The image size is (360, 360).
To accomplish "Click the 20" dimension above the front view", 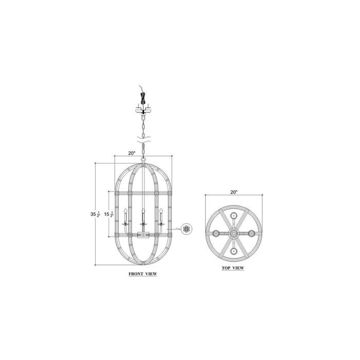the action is [132, 153].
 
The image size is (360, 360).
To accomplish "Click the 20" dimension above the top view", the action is [233, 192].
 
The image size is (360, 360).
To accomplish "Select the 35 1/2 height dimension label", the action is [95, 214].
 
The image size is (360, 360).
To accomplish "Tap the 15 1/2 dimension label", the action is [109, 214].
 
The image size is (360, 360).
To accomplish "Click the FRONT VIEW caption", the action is [143, 274].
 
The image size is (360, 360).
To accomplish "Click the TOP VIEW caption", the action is [233, 268].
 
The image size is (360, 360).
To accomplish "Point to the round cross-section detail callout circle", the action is [186, 229].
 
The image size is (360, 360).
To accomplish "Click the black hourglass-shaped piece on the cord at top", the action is [143, 98].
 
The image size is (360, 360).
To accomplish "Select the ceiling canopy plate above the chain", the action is [143, 111].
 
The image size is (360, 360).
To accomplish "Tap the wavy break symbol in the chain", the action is [143, 139].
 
